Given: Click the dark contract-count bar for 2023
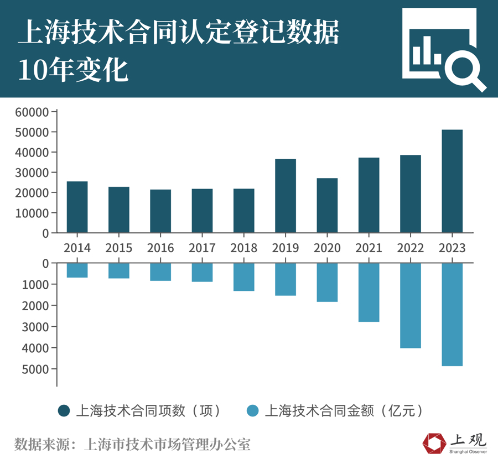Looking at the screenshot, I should click(x=452, y=181).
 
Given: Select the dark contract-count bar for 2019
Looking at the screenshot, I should click(x=285, y=196).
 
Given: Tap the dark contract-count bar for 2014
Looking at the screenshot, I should click(x=77, y=207).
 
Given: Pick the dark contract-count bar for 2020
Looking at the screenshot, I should click(x=327, y=205).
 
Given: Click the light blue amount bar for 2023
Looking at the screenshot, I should click(x=452, y=314).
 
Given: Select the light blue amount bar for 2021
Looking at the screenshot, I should click(x=369, y=292).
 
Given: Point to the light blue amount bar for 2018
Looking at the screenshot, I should click(x=243, y=277).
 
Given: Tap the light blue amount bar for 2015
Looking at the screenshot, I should click(x=118, y=270).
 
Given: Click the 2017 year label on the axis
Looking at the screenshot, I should click(x=202, y=247).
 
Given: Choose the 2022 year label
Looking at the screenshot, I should click(x=410, y=247).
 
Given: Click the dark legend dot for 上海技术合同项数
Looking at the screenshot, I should click(x=65, y=410).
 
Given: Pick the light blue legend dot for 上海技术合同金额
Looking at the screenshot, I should click(x=253, y=410).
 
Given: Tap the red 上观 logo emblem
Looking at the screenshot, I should click(x=434, y=444).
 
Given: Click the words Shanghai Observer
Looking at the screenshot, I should click(x=468, y=452).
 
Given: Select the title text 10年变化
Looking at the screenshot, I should click(x=73, y=71).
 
